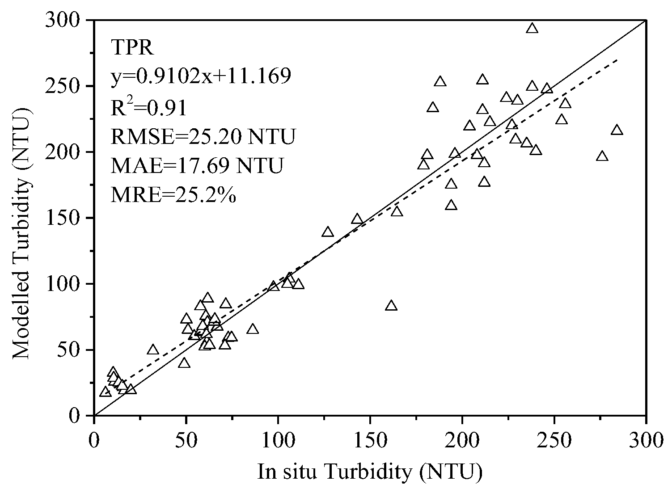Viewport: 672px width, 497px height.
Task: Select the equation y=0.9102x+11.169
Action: [x=201, y=77]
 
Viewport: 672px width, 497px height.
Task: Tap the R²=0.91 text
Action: [x=148, y=107]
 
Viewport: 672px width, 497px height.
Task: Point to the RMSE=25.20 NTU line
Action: [x=203, y=137]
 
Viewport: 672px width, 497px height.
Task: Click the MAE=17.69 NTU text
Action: [x=197, y=166]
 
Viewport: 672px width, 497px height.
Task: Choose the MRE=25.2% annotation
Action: [x=173, y=195]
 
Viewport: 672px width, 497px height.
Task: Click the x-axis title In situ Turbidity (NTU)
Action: [x=369, y=473]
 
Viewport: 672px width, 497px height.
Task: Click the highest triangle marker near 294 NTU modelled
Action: [x=532, y=29]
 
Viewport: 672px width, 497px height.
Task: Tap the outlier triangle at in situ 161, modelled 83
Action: [x=391, y=306]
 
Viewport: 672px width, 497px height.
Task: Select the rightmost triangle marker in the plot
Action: [x=617, y=130]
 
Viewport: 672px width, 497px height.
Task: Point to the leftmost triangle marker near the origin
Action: [x=105, y=392]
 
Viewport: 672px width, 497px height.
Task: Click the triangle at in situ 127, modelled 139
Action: [x=328, y=232]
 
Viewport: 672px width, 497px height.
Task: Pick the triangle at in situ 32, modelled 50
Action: [x=153, y=350]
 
